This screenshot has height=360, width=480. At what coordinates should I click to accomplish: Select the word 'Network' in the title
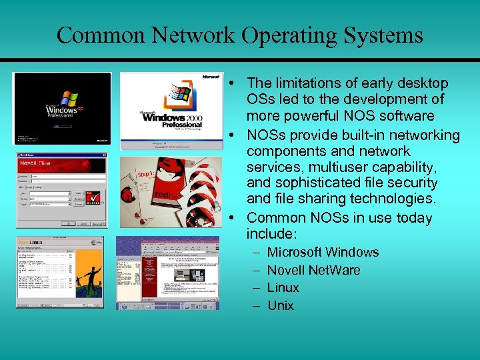pyautogui.click(x=199, y=35)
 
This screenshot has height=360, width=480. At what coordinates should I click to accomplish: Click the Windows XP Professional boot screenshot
pyautogui.click(x=63, y=108)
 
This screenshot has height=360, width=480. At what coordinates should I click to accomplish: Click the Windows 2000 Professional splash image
pyautogui.click(x=171, y=111)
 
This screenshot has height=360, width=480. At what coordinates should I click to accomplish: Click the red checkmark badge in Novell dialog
pyautogui.click(x=94, y=197)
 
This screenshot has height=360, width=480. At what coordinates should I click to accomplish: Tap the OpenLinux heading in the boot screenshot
pyautogui.click(x=31, y=242)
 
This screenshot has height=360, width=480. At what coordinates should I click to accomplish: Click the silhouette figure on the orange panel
pyautogui.click(x=85, y=277)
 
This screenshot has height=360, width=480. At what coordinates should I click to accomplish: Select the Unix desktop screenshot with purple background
pyautogui.click(x=167, y=273)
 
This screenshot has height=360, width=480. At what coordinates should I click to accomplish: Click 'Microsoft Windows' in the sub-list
pyautogui.click(x=323, y=252)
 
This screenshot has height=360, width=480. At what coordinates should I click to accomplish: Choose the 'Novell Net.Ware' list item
pyautogui.click(x=313, y=270)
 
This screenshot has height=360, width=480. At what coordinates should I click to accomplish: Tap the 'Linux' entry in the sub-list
pyautogui.click(x=283, y=287)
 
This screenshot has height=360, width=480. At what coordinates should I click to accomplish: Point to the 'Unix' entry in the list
pyautogui.click(x=281, y=305)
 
